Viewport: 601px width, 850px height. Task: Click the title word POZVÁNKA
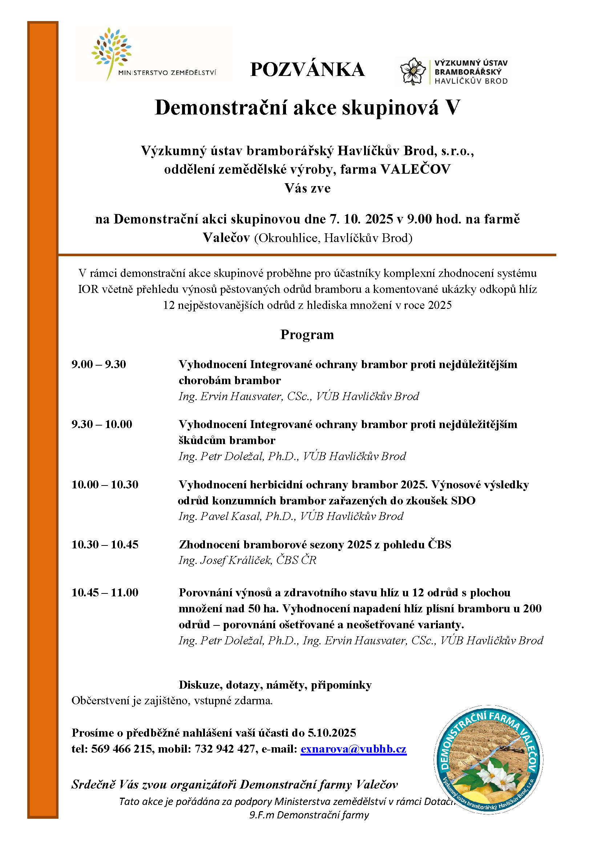coord(307,70)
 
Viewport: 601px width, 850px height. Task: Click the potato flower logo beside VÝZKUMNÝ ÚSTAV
coord(413,71)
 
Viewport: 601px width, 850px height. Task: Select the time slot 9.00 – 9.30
coord(99,364)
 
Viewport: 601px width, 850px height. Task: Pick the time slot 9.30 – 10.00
coord(102,424)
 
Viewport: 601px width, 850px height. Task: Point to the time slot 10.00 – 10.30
coord(105,485)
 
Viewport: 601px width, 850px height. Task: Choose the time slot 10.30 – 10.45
coord(105,545)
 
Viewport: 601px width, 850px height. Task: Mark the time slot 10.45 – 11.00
coord(105,593)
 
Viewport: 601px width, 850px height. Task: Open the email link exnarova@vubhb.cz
coord(354,749)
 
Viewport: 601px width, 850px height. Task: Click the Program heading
coord(307,335)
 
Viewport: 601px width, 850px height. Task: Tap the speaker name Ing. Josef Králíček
coord(225,560)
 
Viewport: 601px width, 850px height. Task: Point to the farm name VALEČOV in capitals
coord(416,169)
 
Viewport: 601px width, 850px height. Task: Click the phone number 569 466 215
coord(122,749)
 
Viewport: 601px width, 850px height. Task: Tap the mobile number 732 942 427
coord(225,749)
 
